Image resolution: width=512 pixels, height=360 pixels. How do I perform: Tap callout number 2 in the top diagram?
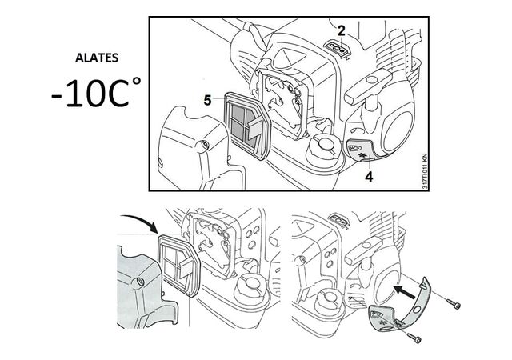(x=342, y=31)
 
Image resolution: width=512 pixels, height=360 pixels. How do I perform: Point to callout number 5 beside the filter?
(x=208, y=102)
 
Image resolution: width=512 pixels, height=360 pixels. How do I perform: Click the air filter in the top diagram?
(x=247, y=125)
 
